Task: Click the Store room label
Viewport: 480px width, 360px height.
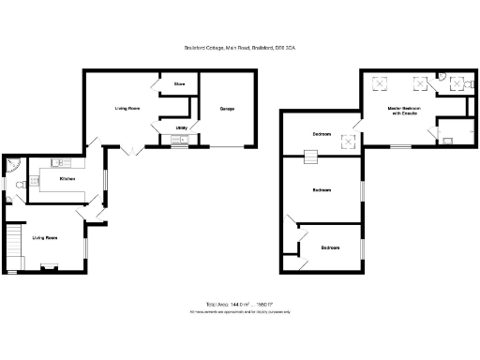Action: [x=178, y=84]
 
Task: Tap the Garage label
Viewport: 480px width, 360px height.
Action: [x=227, y=110]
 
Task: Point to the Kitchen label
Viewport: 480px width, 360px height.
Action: [x=67, y=178]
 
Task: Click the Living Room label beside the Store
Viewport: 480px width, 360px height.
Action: [x=127, y=110]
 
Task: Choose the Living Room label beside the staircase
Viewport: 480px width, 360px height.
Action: [x=45, y=238]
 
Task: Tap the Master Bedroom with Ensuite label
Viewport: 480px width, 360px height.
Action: [x=405, y=112]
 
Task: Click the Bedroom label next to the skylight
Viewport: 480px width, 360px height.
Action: [x=322, y=135]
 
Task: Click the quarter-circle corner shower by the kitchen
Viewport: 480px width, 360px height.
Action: [x=12, y=165]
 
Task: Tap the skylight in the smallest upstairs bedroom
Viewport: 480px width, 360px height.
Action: [x=348, y=142]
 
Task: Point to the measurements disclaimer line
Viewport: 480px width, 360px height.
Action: [x=240, y=312]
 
